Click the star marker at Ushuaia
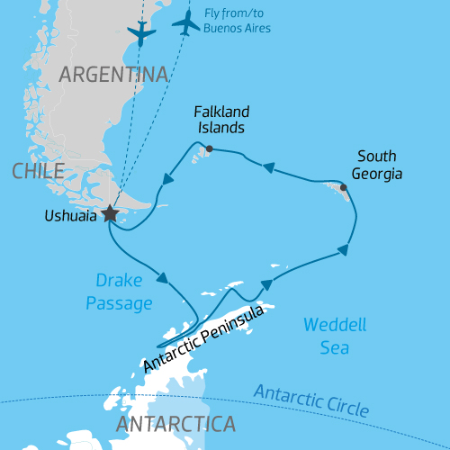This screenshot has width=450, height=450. [x=110, y=213]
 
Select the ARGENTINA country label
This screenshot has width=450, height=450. [x=114, y=74]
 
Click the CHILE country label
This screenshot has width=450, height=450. [x=38, y=171]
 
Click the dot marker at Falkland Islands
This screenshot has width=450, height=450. [x=209, y=148]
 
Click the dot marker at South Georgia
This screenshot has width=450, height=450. [x=344, y=187]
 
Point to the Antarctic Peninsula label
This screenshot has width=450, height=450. [x=203, y=339]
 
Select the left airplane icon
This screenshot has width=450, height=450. [x=141, y=32]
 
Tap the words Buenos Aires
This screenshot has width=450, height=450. [x=238, y=28]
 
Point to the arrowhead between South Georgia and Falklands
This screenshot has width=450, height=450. [x=267, y=166]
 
